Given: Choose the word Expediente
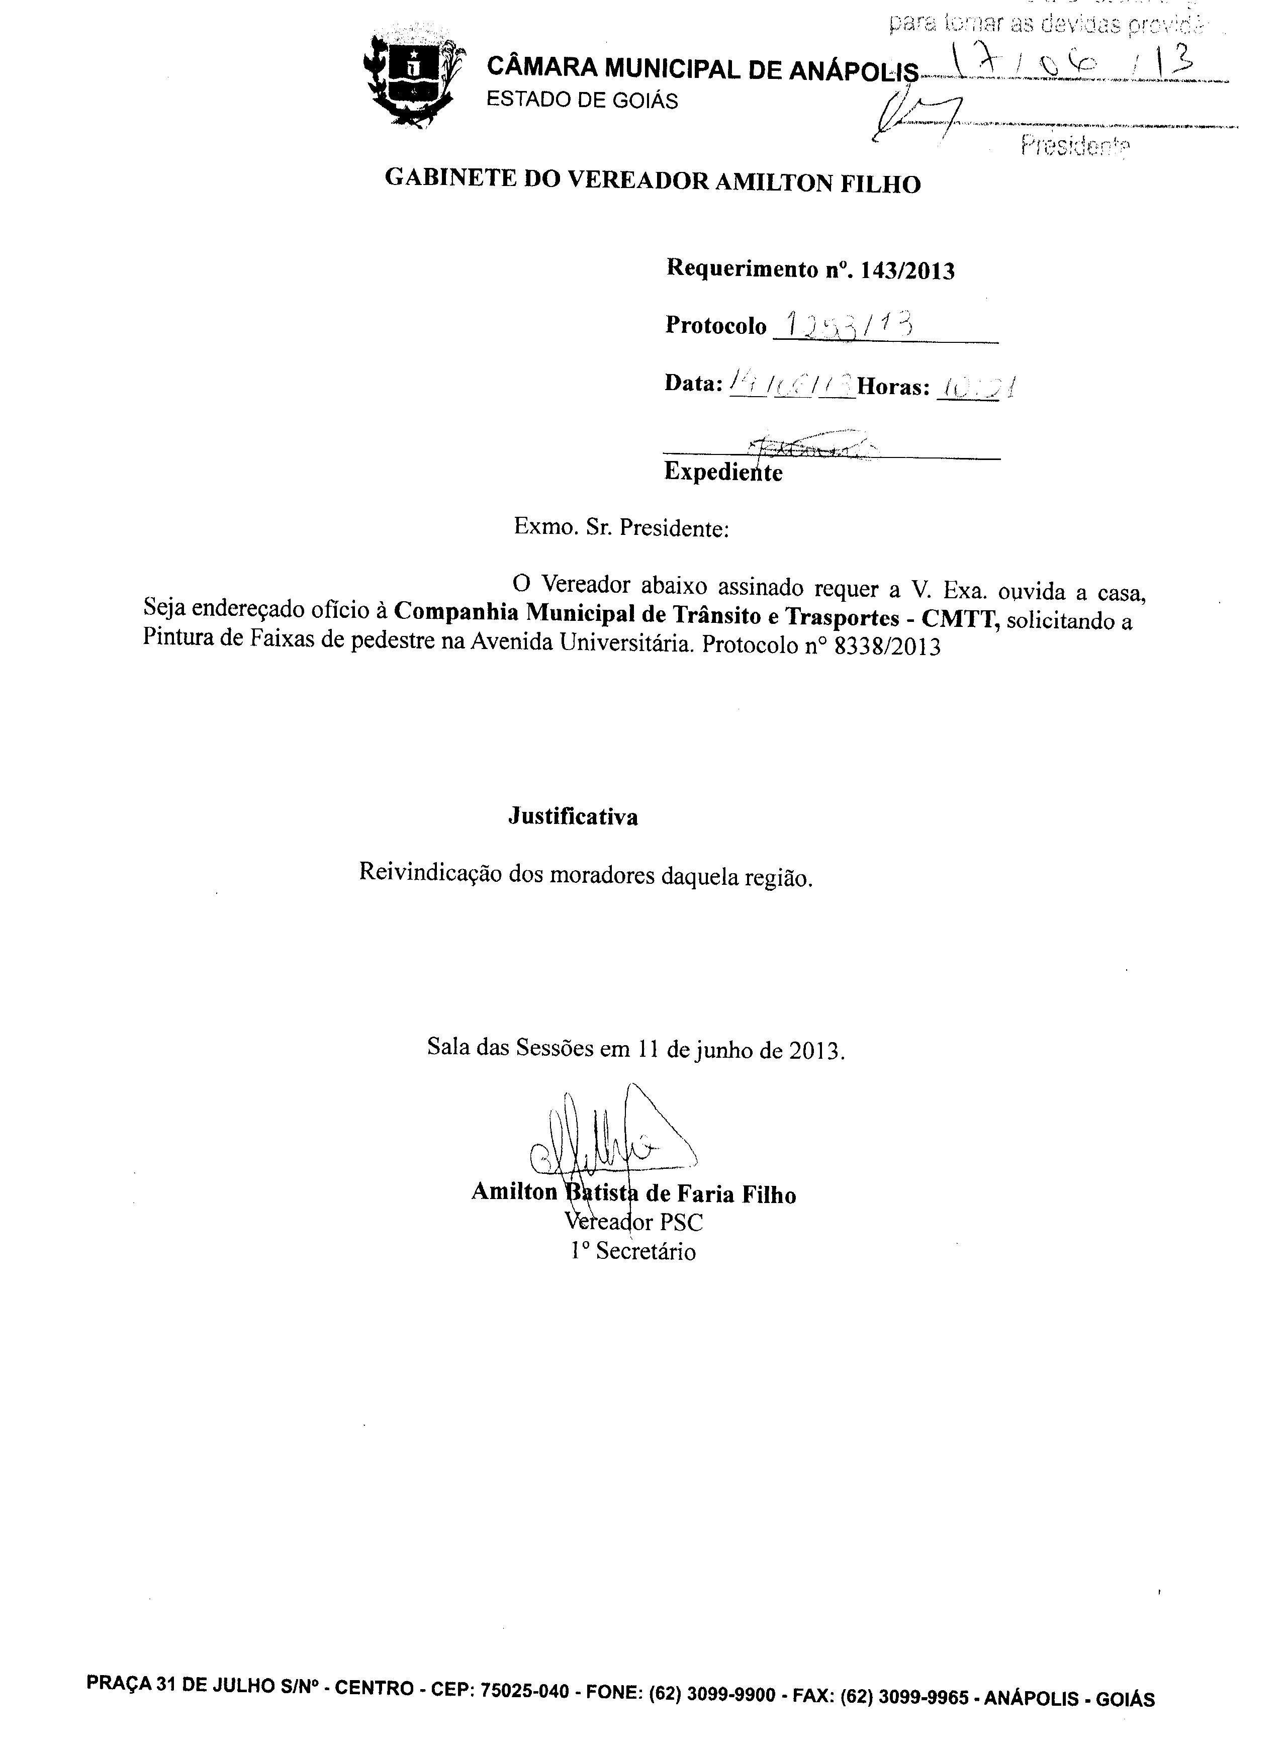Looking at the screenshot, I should tap(723, 472).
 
